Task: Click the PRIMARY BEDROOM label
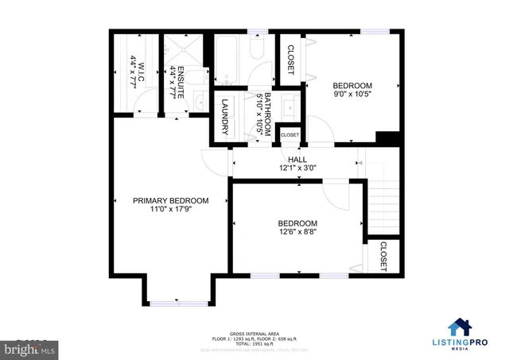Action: [x=170, y=200]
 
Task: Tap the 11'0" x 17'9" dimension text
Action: [x=170, y=210]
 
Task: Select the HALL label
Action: [x=297, y=160]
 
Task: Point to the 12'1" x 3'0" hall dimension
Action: [x=297, y=168]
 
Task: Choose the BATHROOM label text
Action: [x=268, y=115]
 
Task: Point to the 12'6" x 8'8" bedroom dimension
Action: [x=297, y=233]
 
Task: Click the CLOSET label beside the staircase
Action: [x=383, y=257]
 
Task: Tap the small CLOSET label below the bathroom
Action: [x=289, y=135]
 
